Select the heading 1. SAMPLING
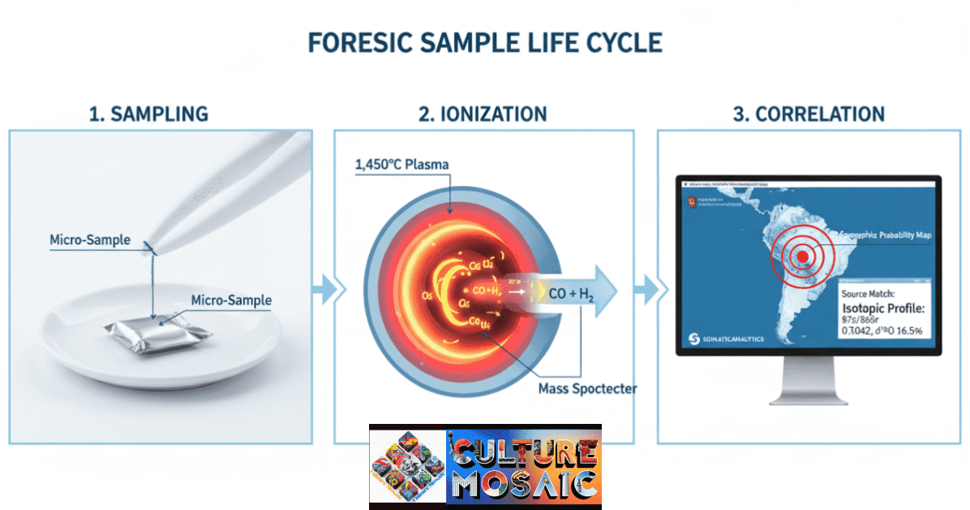148,114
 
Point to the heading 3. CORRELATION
808,114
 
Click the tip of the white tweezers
151,244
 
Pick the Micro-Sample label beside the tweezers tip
90,240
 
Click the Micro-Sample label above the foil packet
231,300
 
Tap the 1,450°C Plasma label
401,165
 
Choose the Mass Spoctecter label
587,388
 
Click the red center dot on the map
802,257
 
